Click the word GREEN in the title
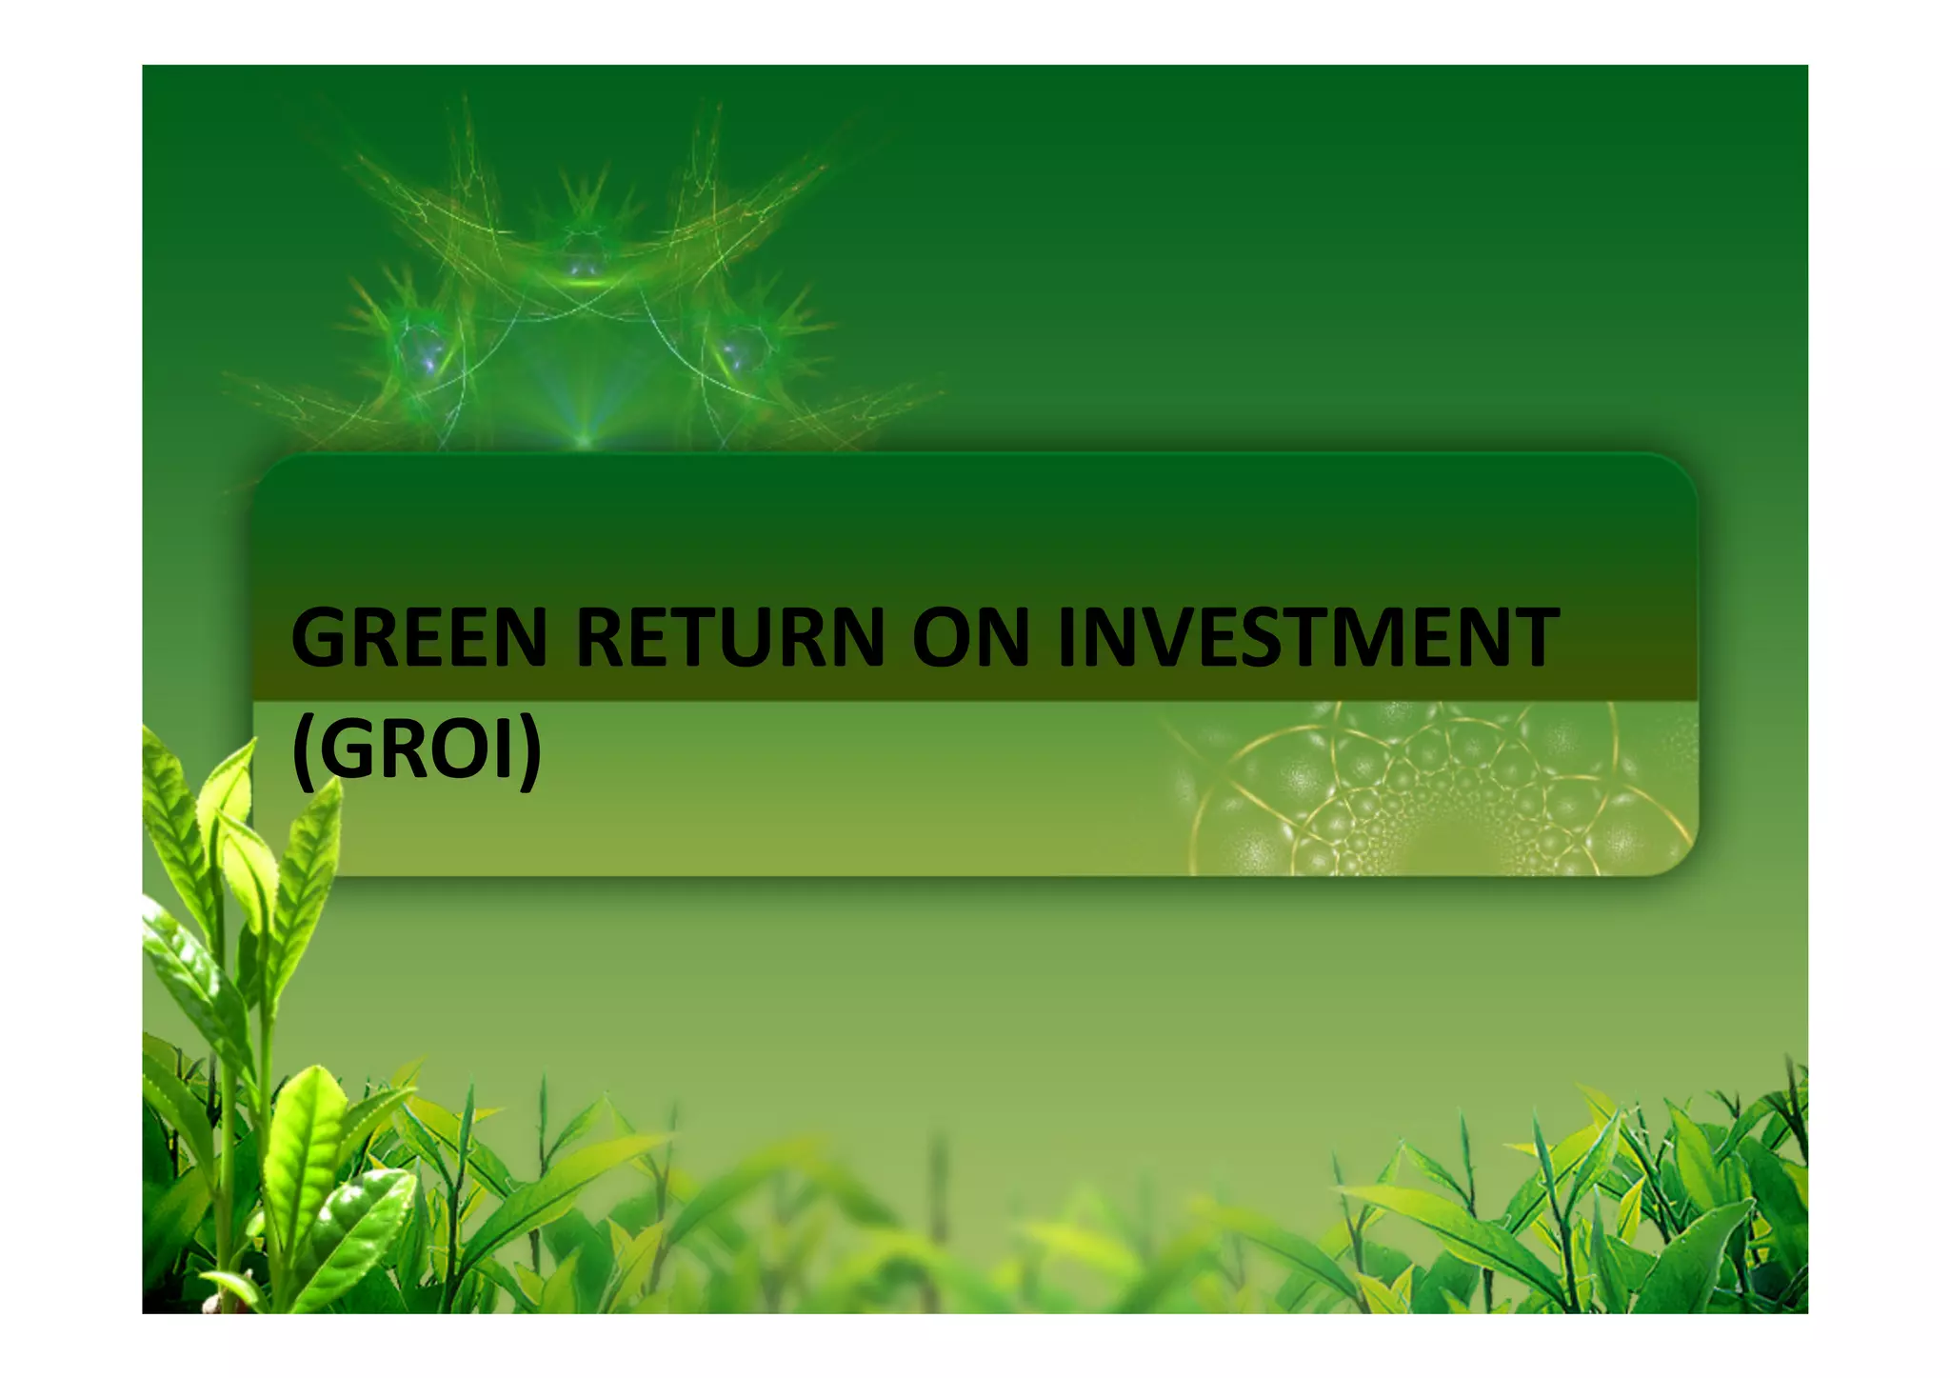(x=419, y=638)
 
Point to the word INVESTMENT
(x=1307, y=638)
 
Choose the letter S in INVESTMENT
(x=1264, y=638)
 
